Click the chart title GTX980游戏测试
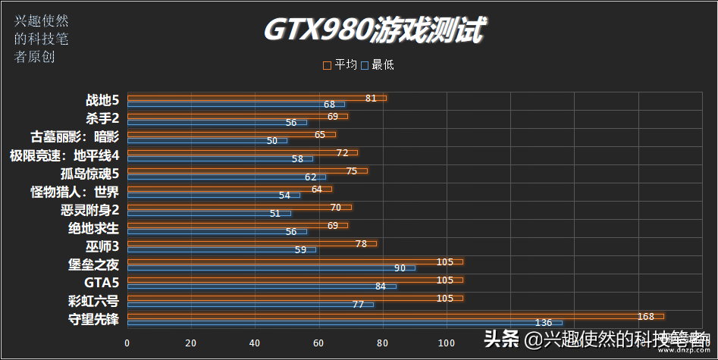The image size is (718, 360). (x=375, y=30)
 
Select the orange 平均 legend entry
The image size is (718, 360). (x=340, y=65)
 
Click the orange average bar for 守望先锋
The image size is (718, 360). (x=395, y=316)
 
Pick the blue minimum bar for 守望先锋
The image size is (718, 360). (x=344, y=323)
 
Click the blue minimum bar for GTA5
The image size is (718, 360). (x=262, y=286)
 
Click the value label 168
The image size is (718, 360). (x=646, y=316)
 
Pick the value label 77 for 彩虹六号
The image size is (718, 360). (x=359, y=305)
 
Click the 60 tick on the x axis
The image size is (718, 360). (x=319, y=342)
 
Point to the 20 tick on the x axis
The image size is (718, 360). (x=191, y=342)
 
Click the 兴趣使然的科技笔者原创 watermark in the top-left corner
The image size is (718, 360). (x=35, y=39)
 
